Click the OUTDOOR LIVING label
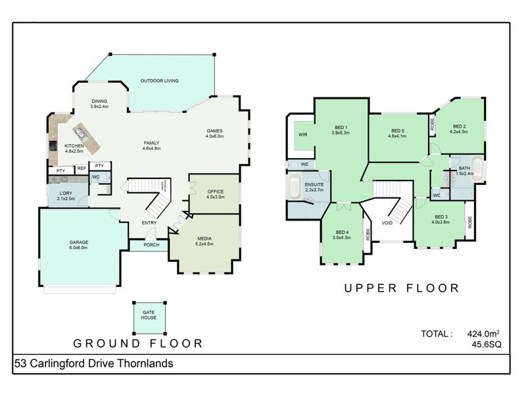159,81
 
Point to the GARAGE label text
79,242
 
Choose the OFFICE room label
215,192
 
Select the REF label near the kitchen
82,169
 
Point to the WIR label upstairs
303,134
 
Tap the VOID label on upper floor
387,223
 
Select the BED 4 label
342,232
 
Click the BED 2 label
459,126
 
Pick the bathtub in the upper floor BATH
478,171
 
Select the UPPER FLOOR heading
400,288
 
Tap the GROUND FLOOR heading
137,343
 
